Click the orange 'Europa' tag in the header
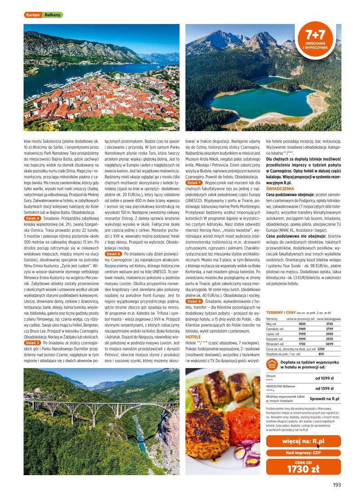[33, 15]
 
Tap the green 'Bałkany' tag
[53, 15]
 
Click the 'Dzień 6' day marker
[113, 254]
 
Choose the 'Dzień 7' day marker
[194, 182]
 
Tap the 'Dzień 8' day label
[194, 301]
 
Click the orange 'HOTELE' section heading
[193, 337]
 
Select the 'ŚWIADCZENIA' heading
[280, 187]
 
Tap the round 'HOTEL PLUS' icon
[272, 365]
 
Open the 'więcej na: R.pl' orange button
[303, 442]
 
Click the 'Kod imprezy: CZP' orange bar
[303, 453]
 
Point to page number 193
[336, 485]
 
